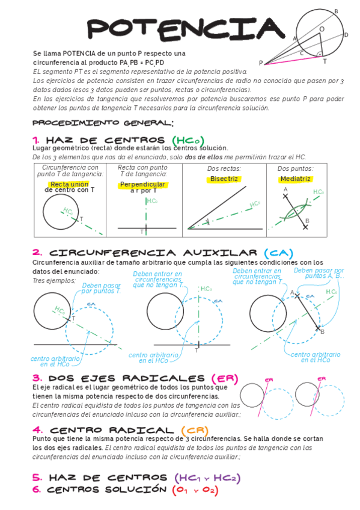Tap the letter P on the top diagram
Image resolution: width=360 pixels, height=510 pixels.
(x=261, y=63)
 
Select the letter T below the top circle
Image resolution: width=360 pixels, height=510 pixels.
(x=325, y=61)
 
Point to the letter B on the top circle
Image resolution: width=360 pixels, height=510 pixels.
(x=336, y=11)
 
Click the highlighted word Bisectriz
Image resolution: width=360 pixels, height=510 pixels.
(x=225, y=179)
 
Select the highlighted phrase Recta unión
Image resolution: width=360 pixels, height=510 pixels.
(x=70, y=183)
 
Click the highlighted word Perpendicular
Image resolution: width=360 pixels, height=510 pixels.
(x=143, y=183)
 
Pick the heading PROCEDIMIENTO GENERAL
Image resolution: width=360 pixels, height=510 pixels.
(x=103, y=123)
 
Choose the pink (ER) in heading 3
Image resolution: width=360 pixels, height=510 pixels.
(x=224, y=378)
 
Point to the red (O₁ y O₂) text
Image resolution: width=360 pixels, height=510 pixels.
(x=195, y=490)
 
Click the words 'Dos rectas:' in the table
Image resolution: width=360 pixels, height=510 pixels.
(x=224, y=169)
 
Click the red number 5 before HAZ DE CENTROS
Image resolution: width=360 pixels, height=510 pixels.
(x=37, y=478)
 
